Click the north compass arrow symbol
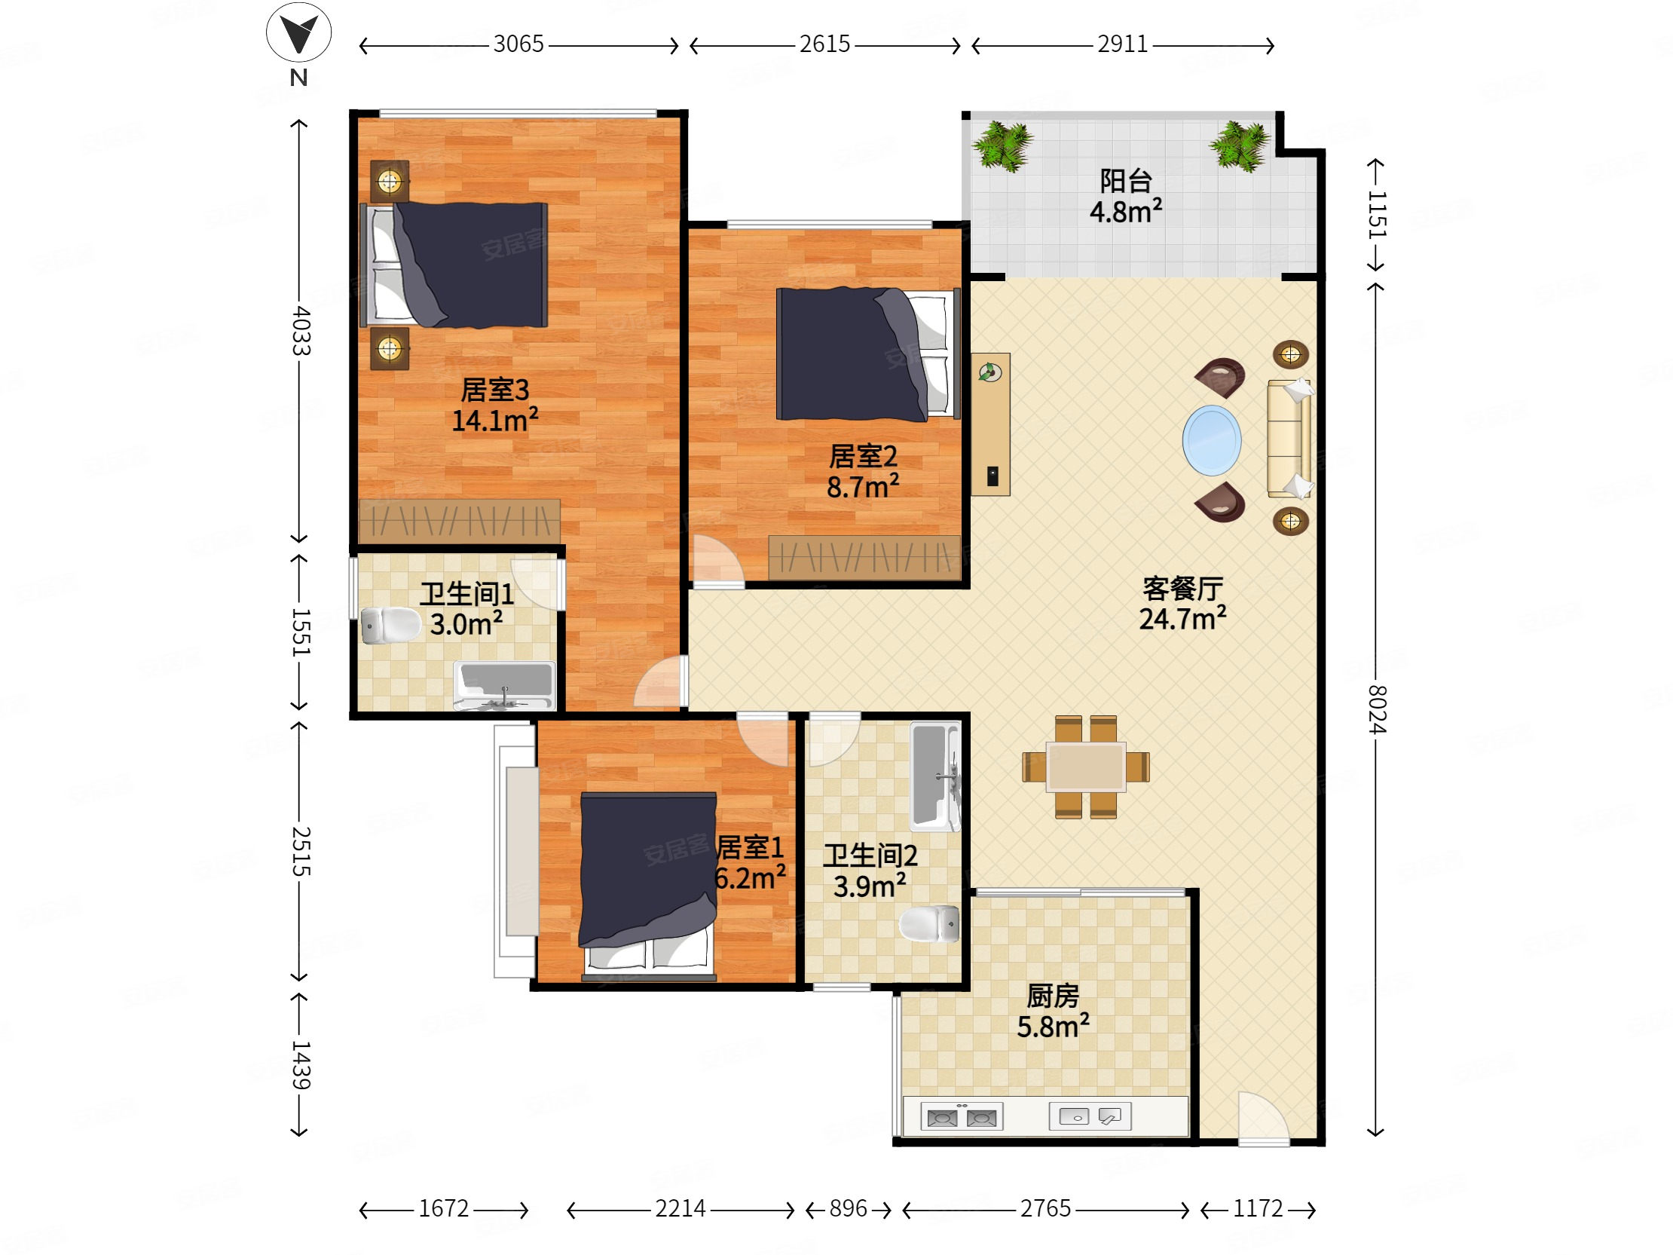298,32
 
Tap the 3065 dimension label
518,44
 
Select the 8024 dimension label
1377,709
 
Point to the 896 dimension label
848,1209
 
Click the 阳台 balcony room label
1125,182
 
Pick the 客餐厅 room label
1182,589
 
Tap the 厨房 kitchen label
1053,996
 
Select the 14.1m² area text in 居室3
494,420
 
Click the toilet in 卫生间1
390,626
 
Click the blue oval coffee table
1212,440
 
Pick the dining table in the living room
1085,767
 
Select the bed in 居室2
868,354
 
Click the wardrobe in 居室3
460,521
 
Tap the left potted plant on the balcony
1003,145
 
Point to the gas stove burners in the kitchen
962,1116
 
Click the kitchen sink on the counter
1090,1116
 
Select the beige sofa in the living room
1290,439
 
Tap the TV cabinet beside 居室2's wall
991,424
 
